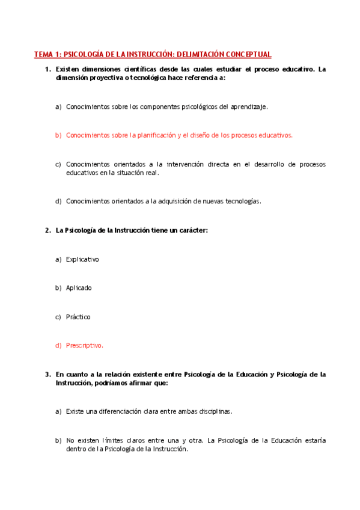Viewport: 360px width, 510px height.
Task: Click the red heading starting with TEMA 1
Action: pos(153,55)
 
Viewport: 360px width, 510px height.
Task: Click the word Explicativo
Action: pos(82,259)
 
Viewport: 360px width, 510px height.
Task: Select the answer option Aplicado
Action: pos(79,288)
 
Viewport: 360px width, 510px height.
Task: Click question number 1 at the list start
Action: pos(47,70)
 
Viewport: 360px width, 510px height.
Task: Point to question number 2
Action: pos(47,230)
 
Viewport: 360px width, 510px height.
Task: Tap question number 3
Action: pos(47,374)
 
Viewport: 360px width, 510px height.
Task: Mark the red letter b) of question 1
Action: pos(58,135)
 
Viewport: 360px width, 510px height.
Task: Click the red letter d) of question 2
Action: pos(58,346)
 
